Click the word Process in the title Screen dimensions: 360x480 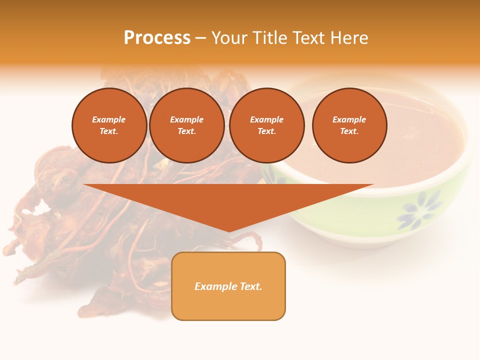tap(157, 38)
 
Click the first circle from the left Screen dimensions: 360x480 tap(109, 125)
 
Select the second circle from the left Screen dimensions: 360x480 tap(187, 125)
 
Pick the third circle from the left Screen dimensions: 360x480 tap(266, 125)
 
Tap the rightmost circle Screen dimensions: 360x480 tap(349, 125)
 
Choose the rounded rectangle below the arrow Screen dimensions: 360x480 tap(228, 286)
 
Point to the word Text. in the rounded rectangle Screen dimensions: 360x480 tap(251, 286)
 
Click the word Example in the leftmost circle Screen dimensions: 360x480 tap(109, 120)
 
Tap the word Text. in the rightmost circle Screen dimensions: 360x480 tap(349, 131)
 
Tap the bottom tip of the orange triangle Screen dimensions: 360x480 tap(229, 231)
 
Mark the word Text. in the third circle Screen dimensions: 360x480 tap(266, 131)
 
